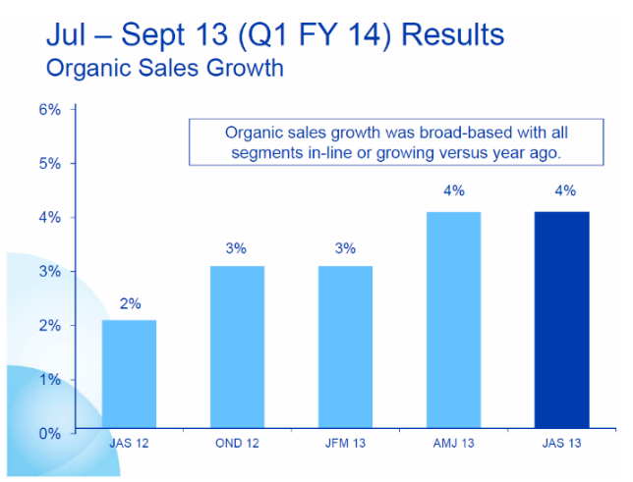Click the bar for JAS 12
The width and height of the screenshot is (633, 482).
[x=129, y=376]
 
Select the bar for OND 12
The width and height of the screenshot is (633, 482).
[x=237, y=348]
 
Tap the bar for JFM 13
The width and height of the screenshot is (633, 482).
[x=345, y=348]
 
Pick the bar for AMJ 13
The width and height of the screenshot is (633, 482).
[x=453, y=322]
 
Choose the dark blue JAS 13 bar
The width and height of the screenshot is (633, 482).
[x=561, y=322]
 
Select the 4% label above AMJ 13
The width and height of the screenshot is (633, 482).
[x=453, y=191]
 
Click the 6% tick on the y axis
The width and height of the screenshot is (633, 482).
[x=51, y=109]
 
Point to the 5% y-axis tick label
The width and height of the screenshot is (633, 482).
[x=51, y=163]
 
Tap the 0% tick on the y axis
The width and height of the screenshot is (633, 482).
[x=51, y=433]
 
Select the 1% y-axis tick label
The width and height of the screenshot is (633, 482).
[x=51, y=379]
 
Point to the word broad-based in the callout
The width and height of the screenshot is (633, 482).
[x=427, y=133]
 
